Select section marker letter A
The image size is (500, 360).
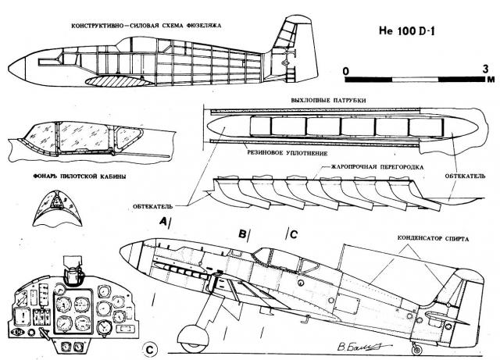(x=162, y=222)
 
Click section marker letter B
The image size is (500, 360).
(x=243, y=233)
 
